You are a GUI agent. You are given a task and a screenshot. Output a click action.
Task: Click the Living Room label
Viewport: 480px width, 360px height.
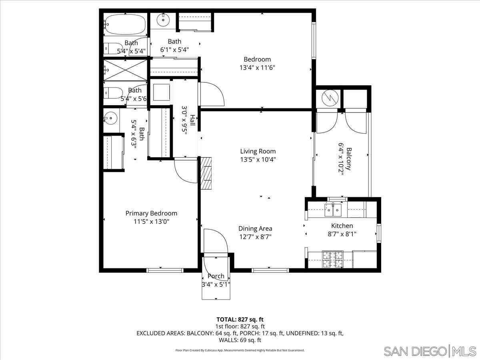pos(258,151)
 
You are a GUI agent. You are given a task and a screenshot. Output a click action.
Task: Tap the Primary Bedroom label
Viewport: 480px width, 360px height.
pos(151,213)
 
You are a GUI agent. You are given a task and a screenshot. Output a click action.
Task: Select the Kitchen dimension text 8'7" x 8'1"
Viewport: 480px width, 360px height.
pos(342,234)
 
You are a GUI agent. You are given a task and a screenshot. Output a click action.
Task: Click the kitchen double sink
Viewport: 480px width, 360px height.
pos(333,209)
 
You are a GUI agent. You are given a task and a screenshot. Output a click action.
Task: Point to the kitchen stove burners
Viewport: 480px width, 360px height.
pos(333,258)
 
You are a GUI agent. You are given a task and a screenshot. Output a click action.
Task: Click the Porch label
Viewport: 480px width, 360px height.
pos(216,276)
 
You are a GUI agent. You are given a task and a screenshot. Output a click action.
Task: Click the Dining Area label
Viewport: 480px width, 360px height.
pos(255,228)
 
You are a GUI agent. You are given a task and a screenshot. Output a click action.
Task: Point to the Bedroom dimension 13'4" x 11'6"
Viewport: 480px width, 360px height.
pos(257,67)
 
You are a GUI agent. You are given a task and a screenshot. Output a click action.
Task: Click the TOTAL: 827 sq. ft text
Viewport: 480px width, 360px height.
pos(240,319)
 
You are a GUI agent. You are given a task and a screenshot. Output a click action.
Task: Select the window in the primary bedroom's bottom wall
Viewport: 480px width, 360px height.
pos(159,270)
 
